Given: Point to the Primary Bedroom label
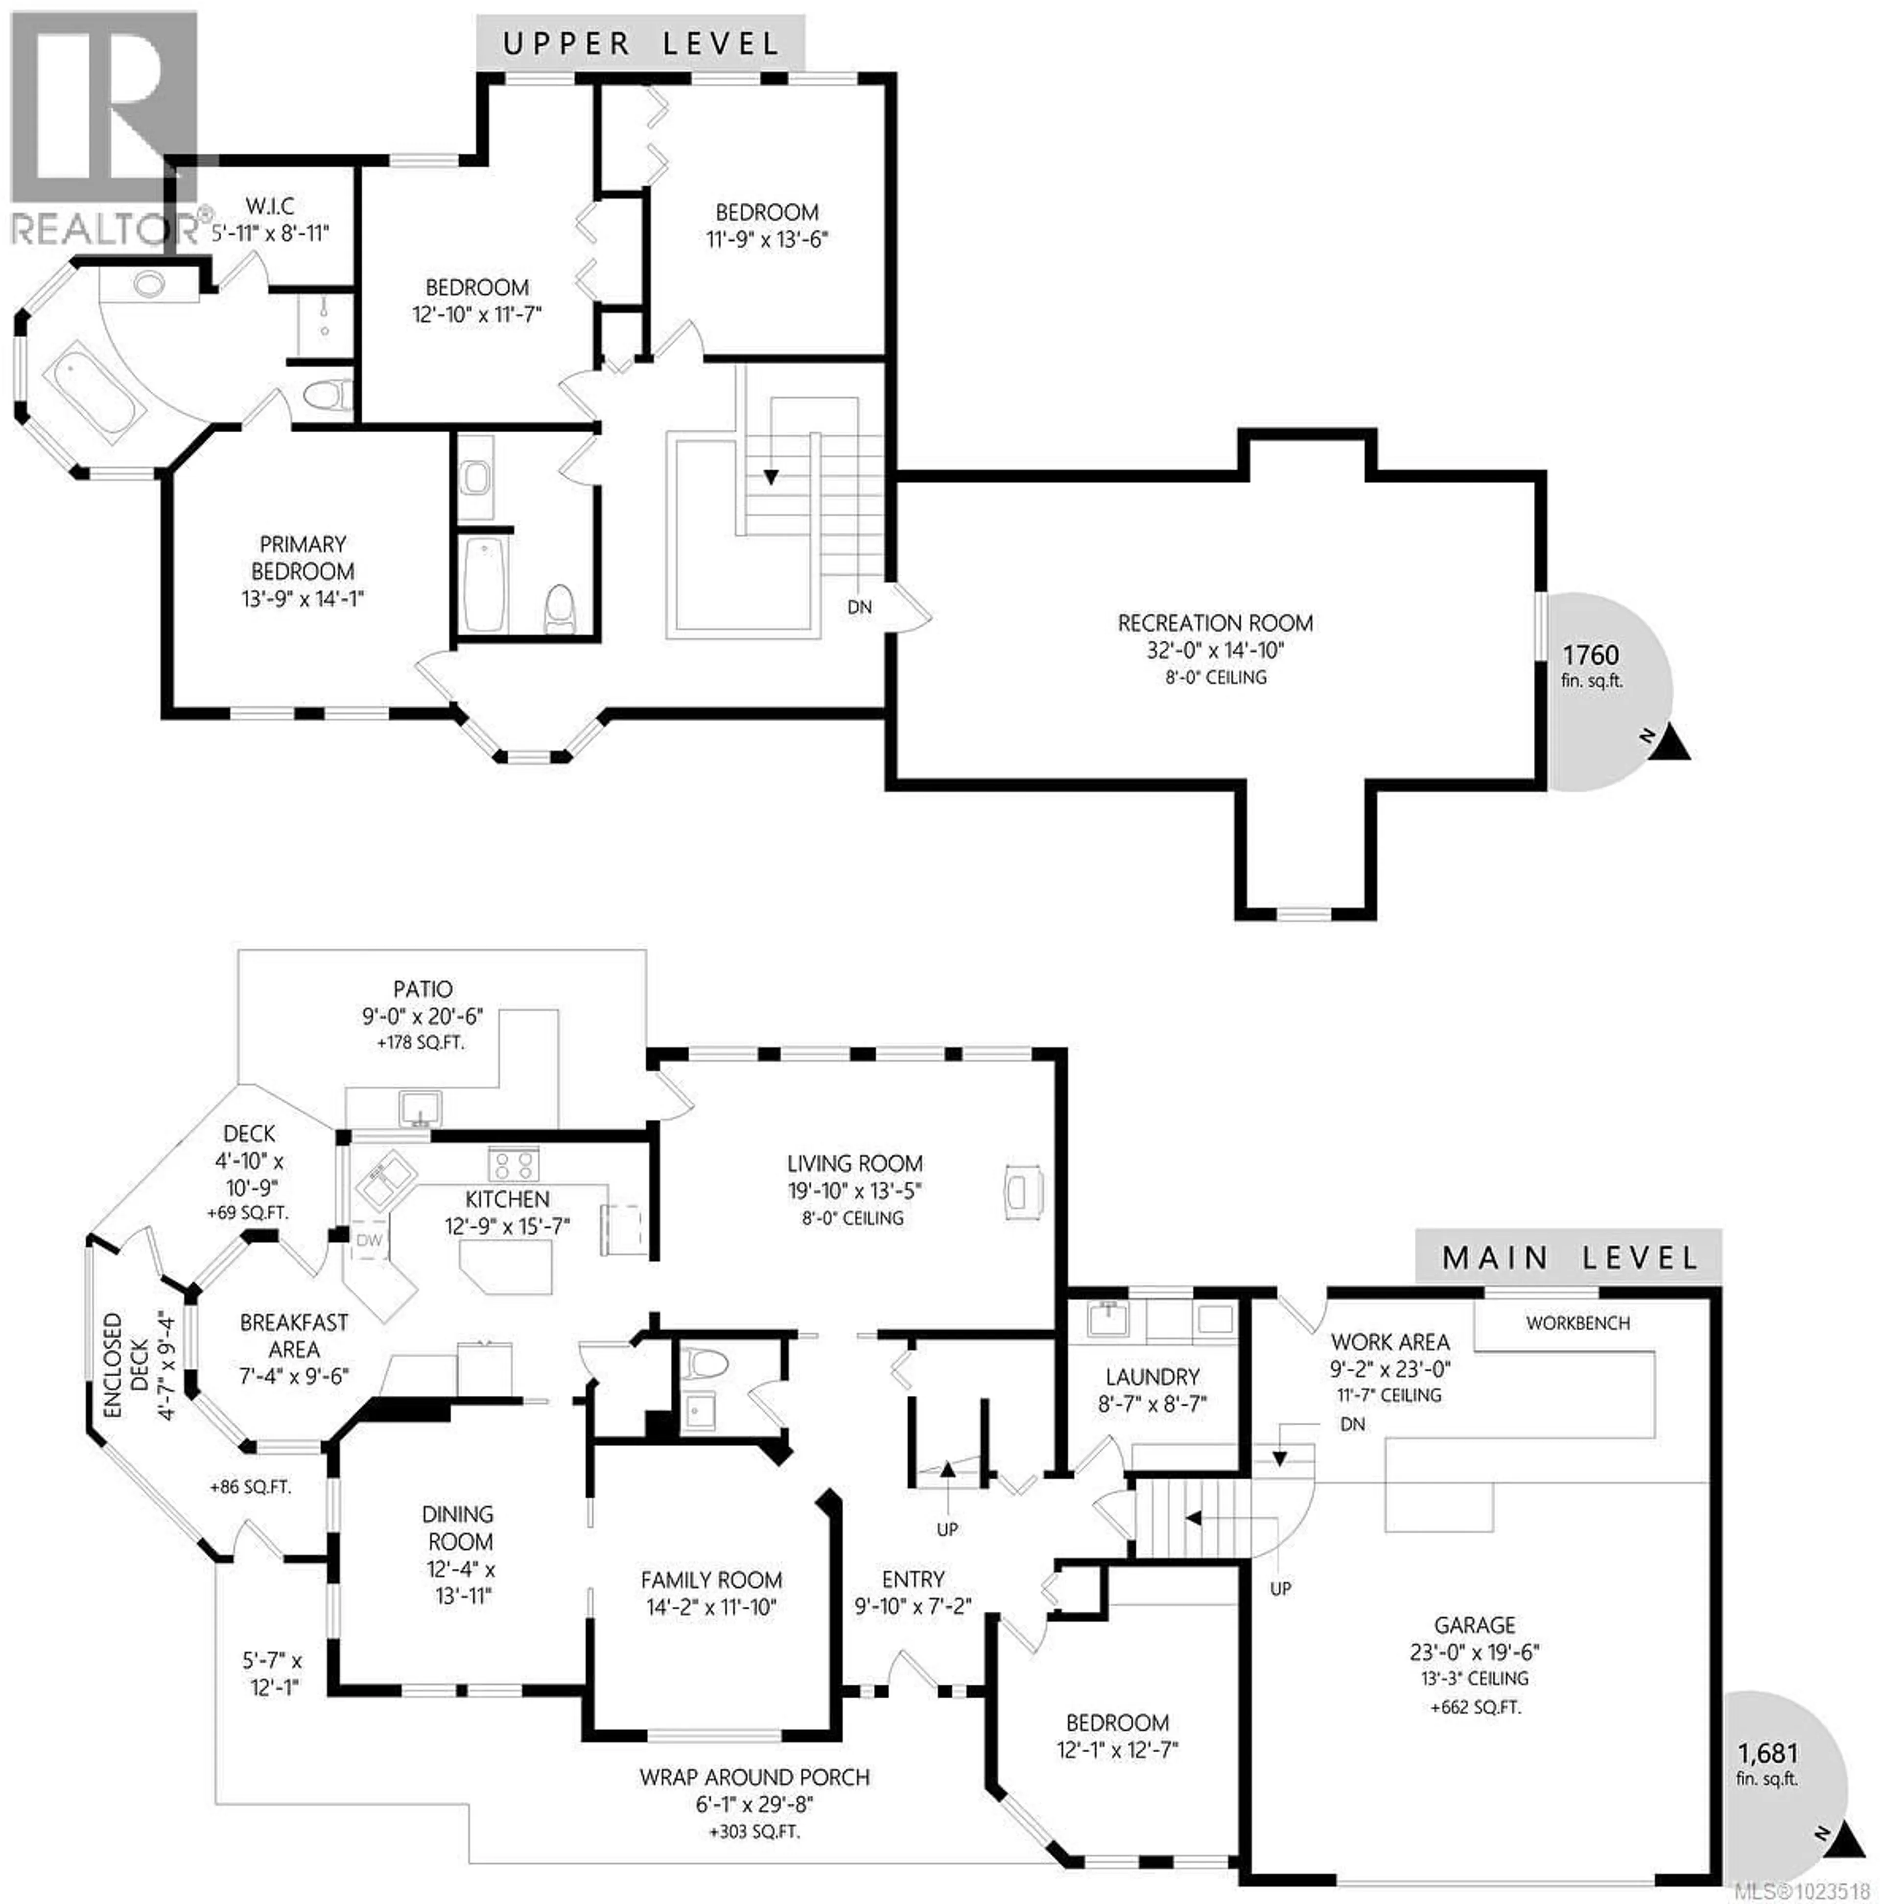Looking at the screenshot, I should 303,558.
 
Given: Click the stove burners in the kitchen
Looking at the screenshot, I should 514,1164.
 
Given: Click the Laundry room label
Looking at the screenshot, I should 1152,1377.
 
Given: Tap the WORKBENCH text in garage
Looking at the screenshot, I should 1577,1322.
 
